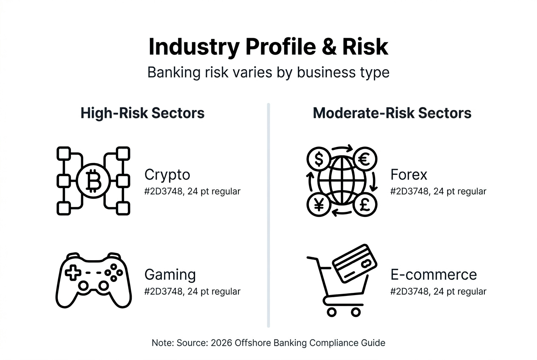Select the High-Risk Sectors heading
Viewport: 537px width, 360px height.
click(143, 113)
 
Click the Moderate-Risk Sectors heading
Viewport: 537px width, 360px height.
click(392, 113)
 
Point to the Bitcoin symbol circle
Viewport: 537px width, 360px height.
click(93, 181)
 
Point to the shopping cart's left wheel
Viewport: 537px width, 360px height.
click(332, 312)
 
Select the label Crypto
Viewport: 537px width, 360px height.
click(167, 174)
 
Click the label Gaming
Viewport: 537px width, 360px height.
click(170, 275)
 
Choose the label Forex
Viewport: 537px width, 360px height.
click(409, 174)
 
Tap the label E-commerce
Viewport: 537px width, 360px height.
click(433, 275)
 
